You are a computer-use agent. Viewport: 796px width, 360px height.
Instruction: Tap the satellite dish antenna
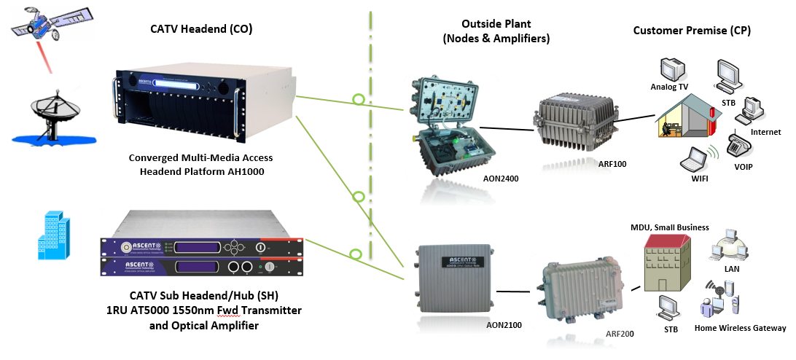(x=47, y=117)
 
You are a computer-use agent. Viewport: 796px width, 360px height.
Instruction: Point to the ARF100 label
(x=610, y=164)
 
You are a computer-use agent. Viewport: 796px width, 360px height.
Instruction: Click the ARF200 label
(x=620, y=333)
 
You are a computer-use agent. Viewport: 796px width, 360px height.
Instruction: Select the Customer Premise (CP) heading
(x=691, y=31)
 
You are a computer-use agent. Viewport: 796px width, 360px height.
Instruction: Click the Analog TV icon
(x=673, y=69)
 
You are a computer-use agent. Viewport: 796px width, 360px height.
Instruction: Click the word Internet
(x=765, y=132)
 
